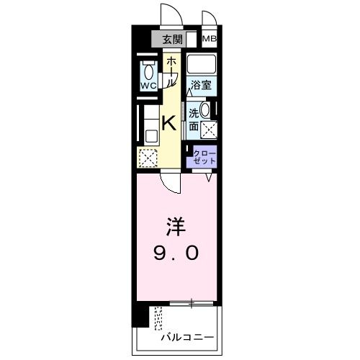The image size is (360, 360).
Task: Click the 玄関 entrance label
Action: click(x=172, y=40)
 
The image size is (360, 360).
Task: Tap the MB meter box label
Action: click(x=209, y=40)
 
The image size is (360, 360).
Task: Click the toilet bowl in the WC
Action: click(x=148, y=71)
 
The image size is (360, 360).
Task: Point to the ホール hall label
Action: click(x=171, y=72)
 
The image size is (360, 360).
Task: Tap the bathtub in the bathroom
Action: click(x=202, y=64)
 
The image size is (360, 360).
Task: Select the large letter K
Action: click(x=168, y=123)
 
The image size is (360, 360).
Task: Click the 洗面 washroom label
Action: click(x=194, y=119)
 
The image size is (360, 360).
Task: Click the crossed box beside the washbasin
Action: click(x=210, y=130)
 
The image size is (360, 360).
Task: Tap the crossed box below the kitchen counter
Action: click(x=147, y=157)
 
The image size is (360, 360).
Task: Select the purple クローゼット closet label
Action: click(x=205, y=158)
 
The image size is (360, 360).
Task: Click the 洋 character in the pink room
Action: click(x=177, y=230)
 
